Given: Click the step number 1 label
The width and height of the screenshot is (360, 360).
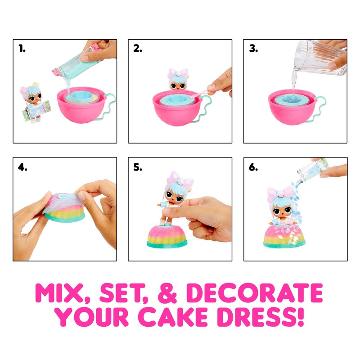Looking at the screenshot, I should click(x=22, y=49).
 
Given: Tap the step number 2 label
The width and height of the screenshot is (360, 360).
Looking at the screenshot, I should click(x=138, y=49).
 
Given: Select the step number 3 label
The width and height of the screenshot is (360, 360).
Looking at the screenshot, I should click(x=253, y=49).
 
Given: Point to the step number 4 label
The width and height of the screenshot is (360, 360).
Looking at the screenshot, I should click(x=23, y=167).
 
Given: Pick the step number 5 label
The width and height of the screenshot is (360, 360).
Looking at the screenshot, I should click(x=138, y=167).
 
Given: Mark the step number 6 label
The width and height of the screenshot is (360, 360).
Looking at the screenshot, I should click(x=253, y=167).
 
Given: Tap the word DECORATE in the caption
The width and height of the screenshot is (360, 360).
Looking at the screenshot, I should click(x=254, y=293).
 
